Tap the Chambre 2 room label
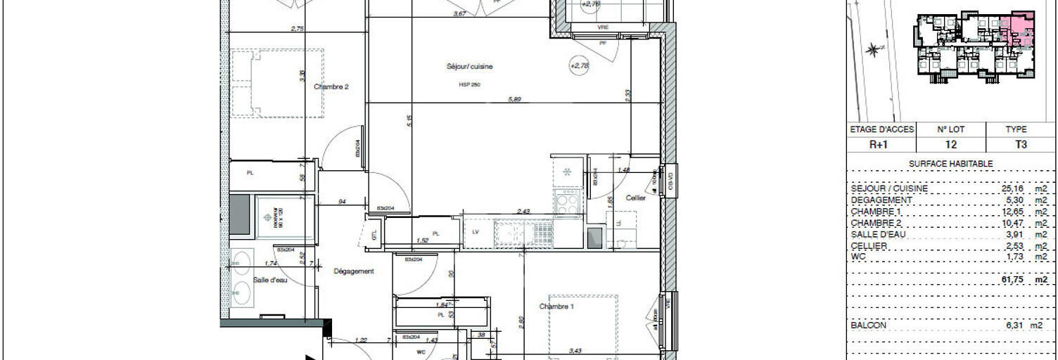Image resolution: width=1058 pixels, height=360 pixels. pyautogui.click(x=331, y=87)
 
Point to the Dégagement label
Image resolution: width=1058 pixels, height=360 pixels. pyautogui.click(x=353, y=271)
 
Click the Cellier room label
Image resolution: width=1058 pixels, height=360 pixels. pyautogui.click(x=636, y=198)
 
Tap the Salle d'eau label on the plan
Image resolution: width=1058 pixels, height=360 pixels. pyautogui.click(x=271, y=280)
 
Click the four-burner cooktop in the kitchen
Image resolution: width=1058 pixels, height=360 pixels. pyautogui.click(x=567, y=205)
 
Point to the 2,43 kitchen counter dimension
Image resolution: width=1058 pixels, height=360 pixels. pyautogui.click(x=524, y=211)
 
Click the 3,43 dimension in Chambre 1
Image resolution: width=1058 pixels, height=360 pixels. pyautogui.click(x=575, y=349)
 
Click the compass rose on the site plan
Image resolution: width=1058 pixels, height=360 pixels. pyautogui.click(x=873, y=49)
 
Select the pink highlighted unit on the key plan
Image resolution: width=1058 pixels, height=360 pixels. pyautogui.click(x=1018, y=32)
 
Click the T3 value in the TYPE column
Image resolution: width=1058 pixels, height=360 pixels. pyautogui.click(x=1021, y=145)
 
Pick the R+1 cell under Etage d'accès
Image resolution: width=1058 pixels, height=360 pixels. pyautogui.click(x=881, y=145)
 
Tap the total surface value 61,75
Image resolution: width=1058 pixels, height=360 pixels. pyautogui.click(x=1012, y=280)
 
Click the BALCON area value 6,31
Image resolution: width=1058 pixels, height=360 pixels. pyautogui.click(x=1013, y=326)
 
